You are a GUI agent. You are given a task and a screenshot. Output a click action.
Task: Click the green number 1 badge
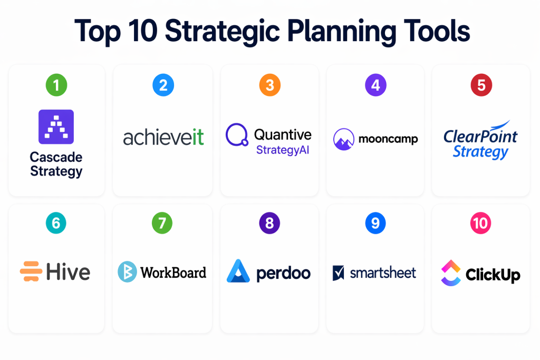pos(56,85)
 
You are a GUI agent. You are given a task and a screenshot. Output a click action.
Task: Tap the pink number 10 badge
pos(480,223)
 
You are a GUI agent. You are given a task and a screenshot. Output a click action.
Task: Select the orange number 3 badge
pos(269,85)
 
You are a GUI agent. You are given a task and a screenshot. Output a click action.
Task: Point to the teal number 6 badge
pos(56,223)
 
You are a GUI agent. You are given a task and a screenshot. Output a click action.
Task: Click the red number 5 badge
pos(481,85)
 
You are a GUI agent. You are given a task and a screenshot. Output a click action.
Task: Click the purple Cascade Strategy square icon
pos(56,127)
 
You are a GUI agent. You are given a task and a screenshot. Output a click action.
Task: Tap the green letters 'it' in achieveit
pos(198,138)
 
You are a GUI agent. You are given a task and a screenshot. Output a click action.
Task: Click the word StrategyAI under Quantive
pos(283,150)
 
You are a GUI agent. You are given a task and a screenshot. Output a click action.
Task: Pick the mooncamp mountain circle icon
pos(344,139)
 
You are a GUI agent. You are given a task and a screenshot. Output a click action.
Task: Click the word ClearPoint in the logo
pos(480,137)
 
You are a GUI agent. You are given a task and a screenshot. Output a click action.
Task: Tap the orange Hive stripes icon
pos(31,271)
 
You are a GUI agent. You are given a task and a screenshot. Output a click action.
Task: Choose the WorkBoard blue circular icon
pos(128,272)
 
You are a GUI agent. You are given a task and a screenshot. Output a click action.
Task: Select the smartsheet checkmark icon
pos(338,273)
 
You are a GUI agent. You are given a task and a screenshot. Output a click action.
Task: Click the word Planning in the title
pos(342,32)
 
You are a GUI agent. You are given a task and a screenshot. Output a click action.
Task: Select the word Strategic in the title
pos(222,32)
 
